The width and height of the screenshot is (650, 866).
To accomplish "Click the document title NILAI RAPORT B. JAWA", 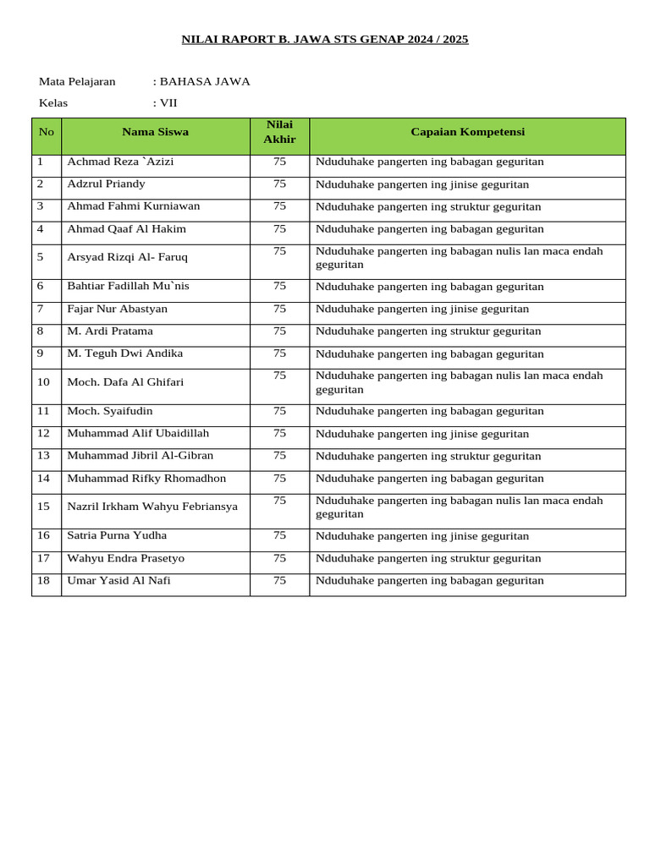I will coord(325,39).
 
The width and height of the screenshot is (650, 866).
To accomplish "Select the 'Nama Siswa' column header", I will coord(155,132).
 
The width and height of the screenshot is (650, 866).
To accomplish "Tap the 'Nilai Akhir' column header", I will coord(279,132).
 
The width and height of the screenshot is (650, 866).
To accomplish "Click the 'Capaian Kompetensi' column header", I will coord(467,132).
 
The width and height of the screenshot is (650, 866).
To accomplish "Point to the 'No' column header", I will coord(46,132).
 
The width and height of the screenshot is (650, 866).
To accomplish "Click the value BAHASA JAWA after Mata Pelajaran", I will coord(205,82).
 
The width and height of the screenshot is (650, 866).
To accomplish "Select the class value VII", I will coord(168,103).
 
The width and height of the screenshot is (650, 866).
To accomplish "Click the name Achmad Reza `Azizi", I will coord(120,162).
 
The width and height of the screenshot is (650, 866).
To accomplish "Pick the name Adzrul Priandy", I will coord(106,184).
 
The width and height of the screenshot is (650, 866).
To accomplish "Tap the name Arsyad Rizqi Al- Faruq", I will coord(127,257).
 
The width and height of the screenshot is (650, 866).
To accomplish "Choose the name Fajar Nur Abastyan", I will coord(117,309).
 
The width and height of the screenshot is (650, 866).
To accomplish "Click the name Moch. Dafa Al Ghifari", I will coord(125,382).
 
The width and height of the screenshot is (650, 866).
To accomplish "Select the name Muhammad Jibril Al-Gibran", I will coord(140,456).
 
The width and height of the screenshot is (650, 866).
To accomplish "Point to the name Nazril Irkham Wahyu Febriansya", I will coord(152,507).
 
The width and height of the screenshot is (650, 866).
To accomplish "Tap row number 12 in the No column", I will coord(44,433).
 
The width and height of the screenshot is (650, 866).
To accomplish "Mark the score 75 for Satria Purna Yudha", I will coord(279,535).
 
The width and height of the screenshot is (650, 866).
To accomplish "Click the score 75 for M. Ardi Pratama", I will coord(279,331).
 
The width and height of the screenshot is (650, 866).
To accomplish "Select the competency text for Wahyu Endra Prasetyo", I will coord(427,558).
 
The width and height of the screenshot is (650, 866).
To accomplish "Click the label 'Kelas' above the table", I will coord(53,103).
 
